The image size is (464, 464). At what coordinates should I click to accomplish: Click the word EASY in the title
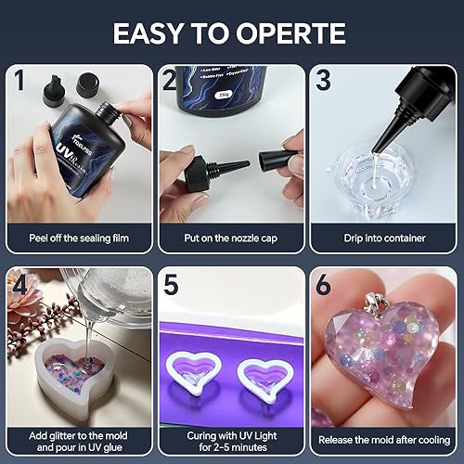pos(153,33)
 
